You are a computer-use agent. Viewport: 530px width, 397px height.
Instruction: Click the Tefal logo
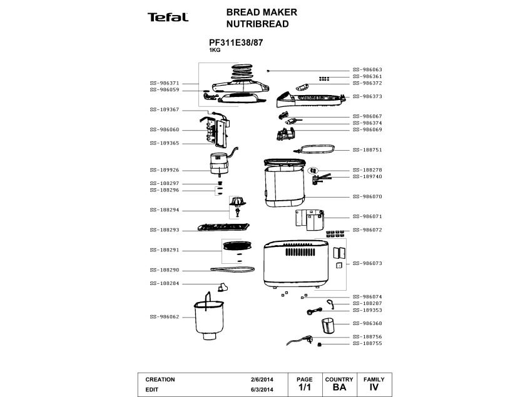point(168,17)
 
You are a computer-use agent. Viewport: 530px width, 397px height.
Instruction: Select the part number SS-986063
point(367,69)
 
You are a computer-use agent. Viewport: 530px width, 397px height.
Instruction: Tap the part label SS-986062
point(165,316)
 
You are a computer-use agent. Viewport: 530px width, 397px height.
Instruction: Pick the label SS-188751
point(367,150)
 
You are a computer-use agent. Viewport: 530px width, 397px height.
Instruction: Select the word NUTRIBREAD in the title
point(248,24)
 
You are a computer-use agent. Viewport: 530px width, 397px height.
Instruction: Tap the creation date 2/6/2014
point(262,379)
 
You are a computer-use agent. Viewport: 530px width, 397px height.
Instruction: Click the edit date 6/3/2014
point(262,389)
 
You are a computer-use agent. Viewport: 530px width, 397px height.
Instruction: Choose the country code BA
point(339,388)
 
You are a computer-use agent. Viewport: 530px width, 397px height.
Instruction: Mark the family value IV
point(374,388)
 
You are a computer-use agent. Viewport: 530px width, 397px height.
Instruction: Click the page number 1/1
point(305,388)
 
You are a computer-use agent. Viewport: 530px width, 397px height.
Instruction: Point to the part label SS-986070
point(367,196)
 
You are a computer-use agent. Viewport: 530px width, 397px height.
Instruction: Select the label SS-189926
point(165,170)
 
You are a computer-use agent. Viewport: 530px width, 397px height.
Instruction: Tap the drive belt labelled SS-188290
point(232,269)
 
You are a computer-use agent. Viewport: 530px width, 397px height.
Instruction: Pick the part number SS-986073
point(367,263)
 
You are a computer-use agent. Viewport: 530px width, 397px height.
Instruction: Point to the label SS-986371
point(165,83)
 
